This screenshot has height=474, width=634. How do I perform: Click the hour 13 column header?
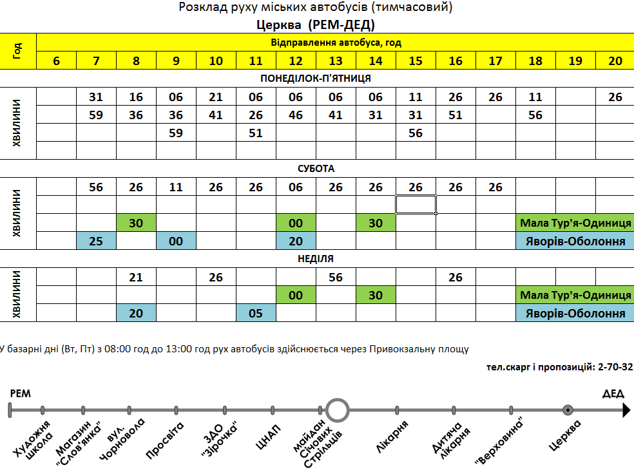point(336,61)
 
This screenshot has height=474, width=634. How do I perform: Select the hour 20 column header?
point(615,61)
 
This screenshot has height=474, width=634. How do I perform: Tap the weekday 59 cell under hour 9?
point(176,133)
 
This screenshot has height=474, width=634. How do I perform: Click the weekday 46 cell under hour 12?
point(296,115)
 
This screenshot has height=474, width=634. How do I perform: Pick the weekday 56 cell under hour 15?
point(416,133)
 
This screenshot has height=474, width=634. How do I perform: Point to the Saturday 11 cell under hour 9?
point(176,187)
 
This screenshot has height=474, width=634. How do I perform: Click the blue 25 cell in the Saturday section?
point(96,242)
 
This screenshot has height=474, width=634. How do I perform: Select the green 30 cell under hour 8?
point(136,223)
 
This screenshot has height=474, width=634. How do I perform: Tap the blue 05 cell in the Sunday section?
point(256,314)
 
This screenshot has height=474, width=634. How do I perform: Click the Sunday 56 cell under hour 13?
point(336,278)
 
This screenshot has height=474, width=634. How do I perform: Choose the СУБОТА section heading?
point(316,169)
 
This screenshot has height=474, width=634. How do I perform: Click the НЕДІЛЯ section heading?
point(316,259)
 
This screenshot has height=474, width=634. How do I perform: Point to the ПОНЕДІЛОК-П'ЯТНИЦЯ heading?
point(316,79)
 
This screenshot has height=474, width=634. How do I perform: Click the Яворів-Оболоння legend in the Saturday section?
point(575,242)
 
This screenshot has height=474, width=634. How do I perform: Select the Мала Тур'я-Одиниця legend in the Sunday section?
point(575,296)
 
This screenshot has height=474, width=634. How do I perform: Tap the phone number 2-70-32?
point(615,366)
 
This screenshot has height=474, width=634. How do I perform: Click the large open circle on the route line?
point(337,410)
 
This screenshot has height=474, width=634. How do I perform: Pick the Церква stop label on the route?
point(566,435)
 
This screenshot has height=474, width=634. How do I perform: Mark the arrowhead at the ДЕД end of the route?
point(625,410)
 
